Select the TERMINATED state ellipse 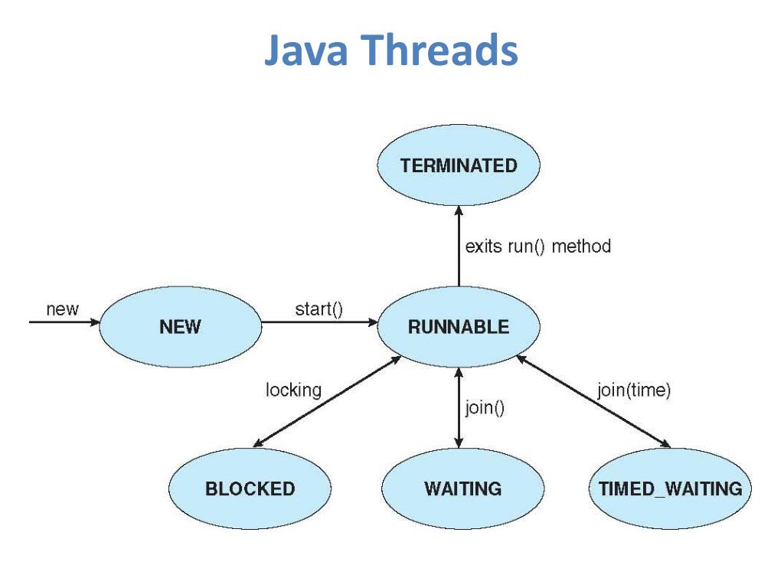(x=459, y=165)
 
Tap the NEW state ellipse (x=181, y=327)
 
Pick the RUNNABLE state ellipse (x=459, y=327)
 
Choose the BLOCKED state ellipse (x=250, y=488)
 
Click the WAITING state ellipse (x=462, y=488)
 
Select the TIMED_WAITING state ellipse (x=670, y=488)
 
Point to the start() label (x=318, y=309)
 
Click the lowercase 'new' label (x=62, y=309)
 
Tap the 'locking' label (x=293, y=390)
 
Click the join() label (x=485, y=407)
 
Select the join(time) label (x=633, y=390)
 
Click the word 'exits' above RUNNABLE (x=483, y=247)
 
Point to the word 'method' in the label (x=581, y=247)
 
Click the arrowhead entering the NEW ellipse (x=95, y=322)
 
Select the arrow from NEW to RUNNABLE (x=320, y=322)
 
